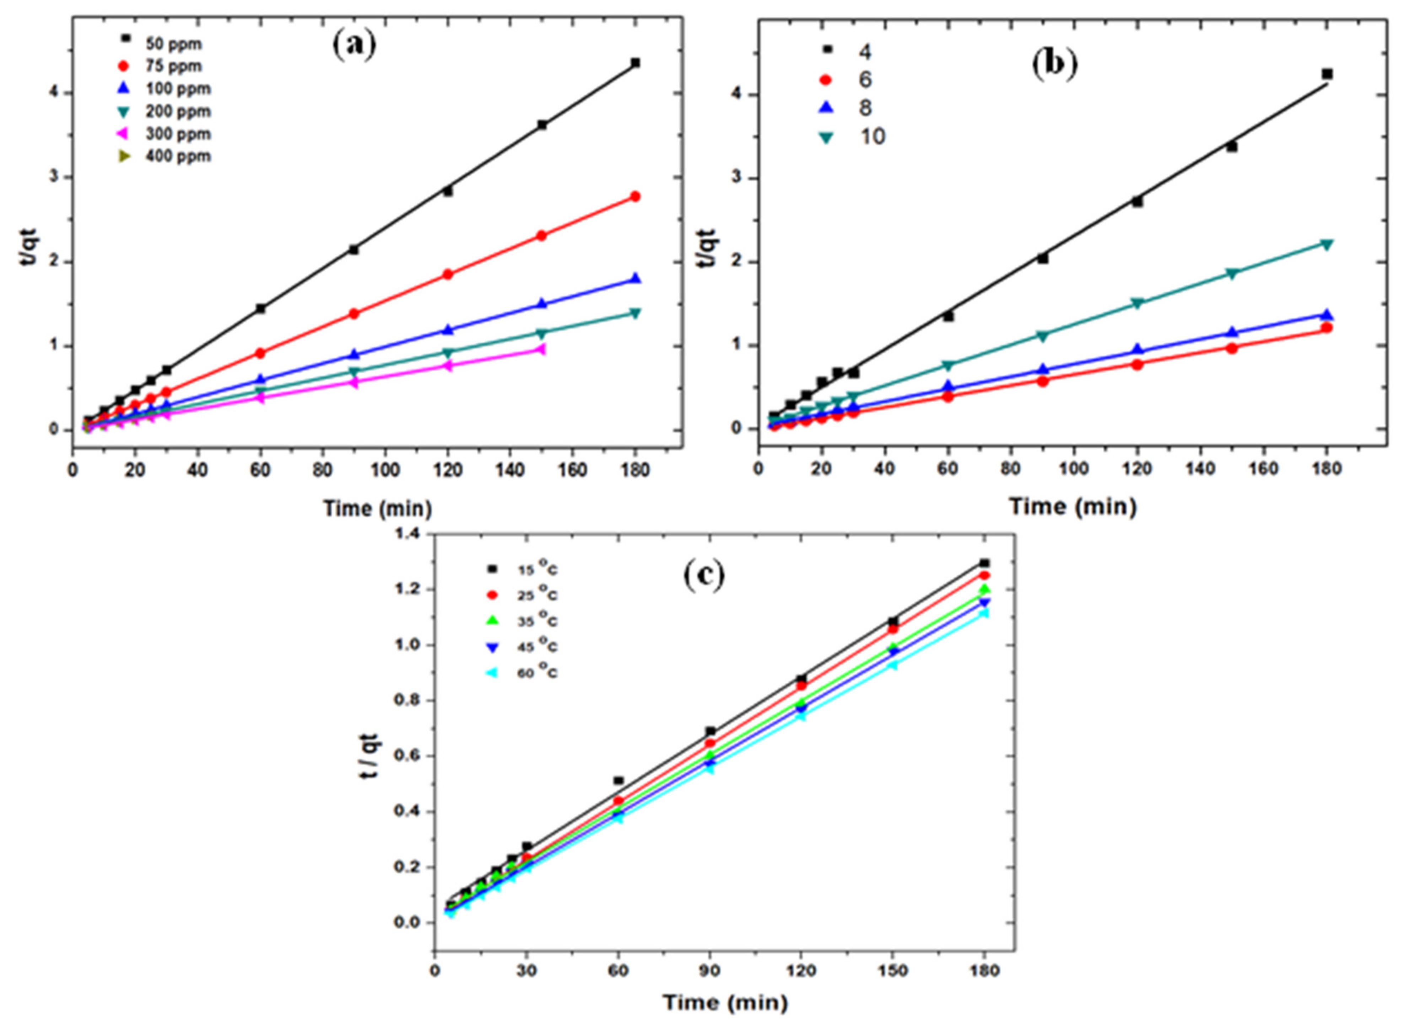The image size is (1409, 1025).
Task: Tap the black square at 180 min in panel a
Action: [x=635, y=63]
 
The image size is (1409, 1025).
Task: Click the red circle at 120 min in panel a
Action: [x=447, y=274]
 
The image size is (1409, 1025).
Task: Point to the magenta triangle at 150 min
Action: [x=540, y=350]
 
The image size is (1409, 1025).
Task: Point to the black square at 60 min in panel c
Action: [x=618, y=781]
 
